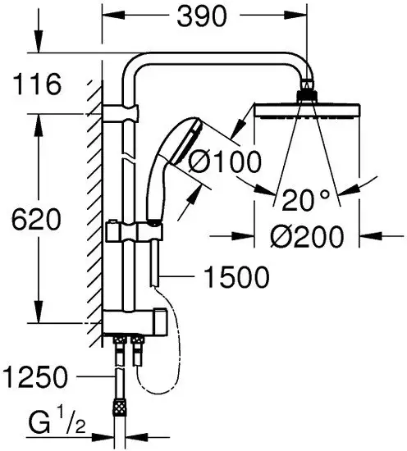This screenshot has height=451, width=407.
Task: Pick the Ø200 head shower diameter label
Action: (x=304, y=237)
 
